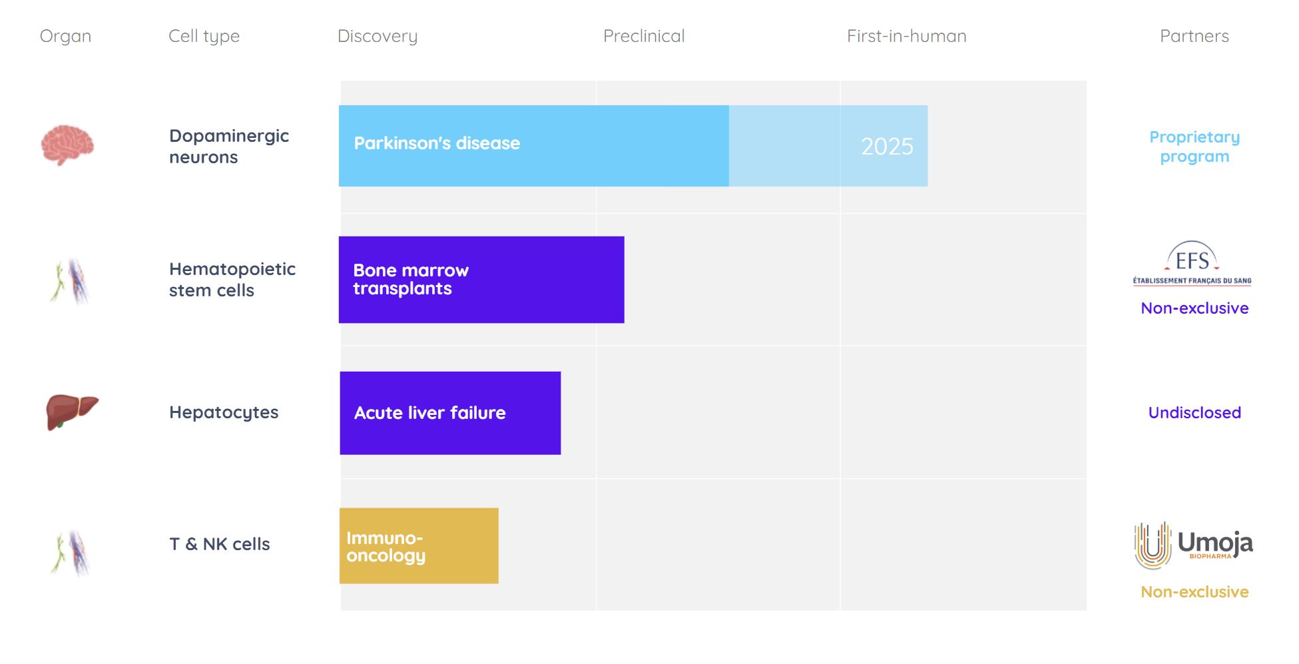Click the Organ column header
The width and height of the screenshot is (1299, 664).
coord(65,37)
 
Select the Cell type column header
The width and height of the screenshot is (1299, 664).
coord(204,37)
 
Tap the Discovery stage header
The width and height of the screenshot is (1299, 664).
coord(378,37)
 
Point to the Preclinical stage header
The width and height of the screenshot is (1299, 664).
coord(644,36)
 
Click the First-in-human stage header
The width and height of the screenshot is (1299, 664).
coord(906,36)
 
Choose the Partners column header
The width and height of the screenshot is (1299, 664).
coord(1194,36)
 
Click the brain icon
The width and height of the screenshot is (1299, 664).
coord(67,145)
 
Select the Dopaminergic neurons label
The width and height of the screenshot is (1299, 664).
coord(229,147)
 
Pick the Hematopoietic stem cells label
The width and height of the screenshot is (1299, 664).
coord(232,280)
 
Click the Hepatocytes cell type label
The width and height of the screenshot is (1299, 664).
coord(224,412)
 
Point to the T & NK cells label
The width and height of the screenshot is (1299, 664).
coord(220,544)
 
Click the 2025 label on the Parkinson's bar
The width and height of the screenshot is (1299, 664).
coord(887,147)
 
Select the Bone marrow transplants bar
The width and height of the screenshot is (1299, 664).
coord(481,280)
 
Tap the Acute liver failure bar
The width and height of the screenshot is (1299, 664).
coord(450,413)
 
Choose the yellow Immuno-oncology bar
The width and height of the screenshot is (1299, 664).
coord(419,546)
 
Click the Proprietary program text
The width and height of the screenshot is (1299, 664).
coord(1194,147)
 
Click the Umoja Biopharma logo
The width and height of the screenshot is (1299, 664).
coord(1193,545)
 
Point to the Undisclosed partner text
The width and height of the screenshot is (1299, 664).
coord(1194,413)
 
